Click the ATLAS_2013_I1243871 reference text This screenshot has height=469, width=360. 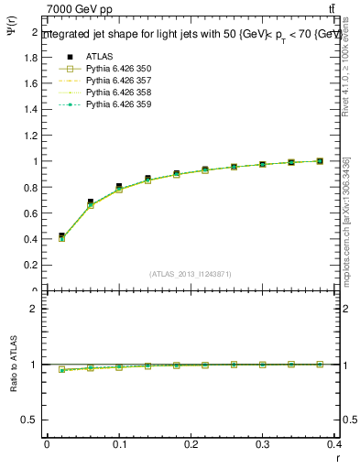click(191, 274)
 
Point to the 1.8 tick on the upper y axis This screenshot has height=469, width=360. click(30, 57)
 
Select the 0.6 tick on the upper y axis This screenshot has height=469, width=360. click(30, 213)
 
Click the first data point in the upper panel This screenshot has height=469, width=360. click(61, 236)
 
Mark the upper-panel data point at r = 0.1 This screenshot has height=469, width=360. click(119, 187)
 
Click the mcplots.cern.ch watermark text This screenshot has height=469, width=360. click(349, 229)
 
